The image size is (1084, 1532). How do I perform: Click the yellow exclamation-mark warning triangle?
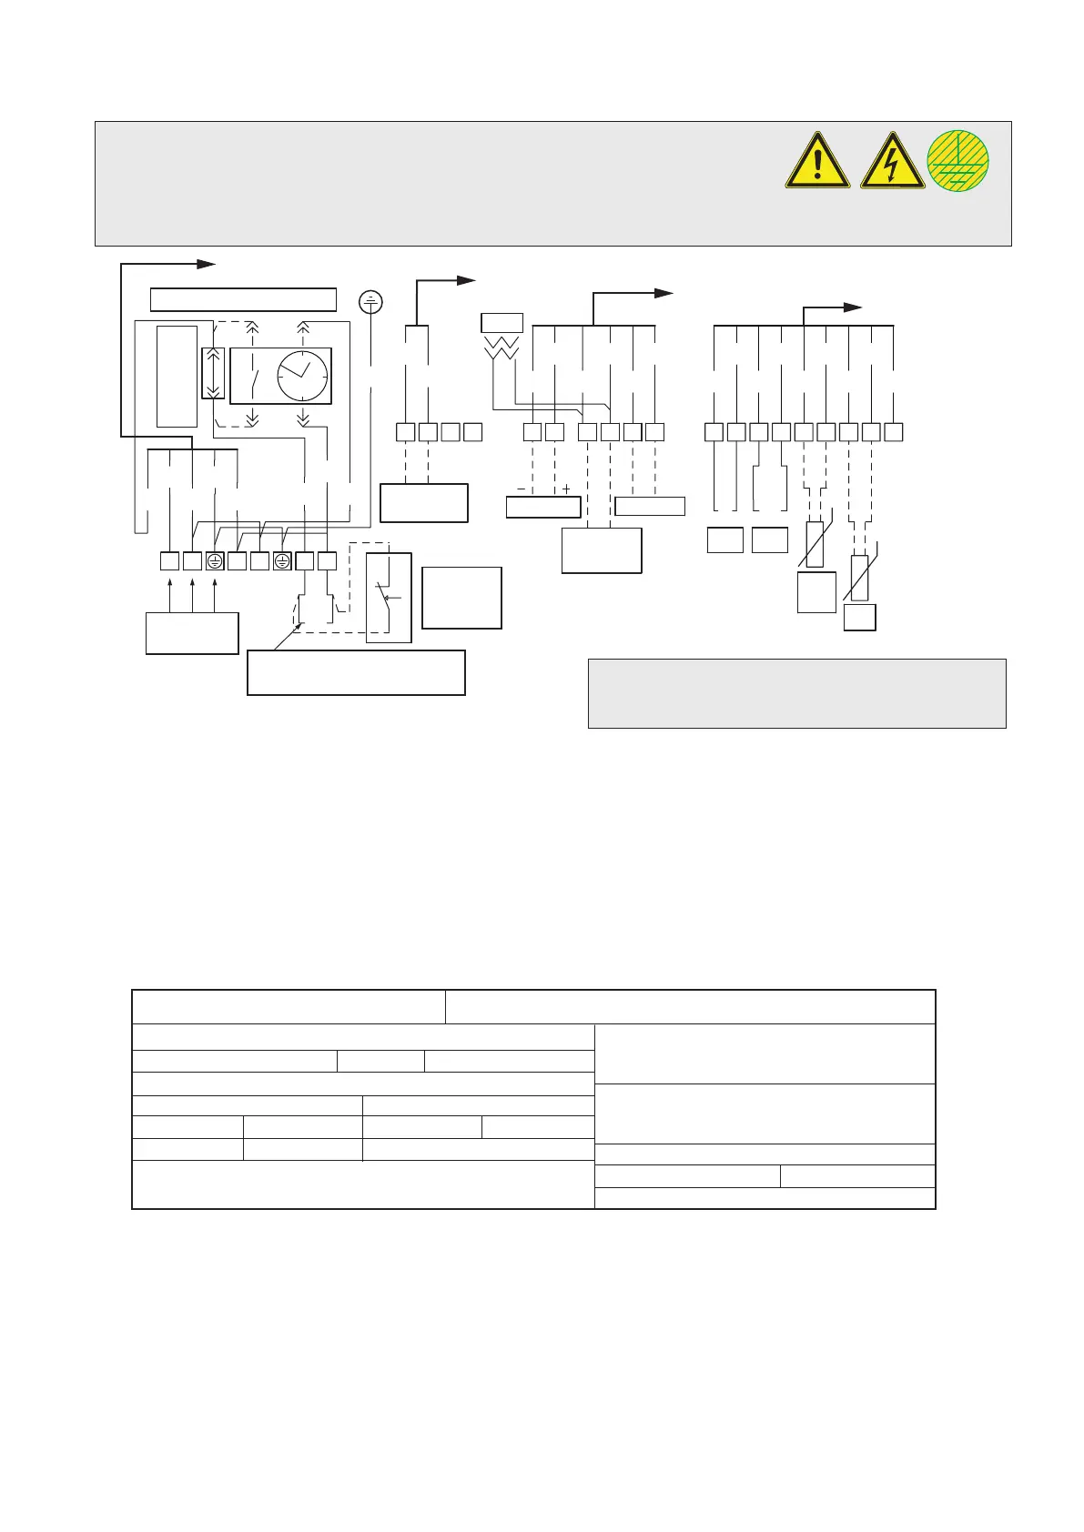coord(817,162)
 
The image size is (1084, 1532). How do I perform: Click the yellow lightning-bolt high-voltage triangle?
coord(892,162)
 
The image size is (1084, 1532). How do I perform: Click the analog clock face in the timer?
coord(303,375)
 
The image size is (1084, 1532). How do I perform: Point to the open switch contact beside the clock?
coord(254,375)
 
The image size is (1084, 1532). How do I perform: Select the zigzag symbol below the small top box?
coord(502,346)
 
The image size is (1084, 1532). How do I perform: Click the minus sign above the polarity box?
coord(520,489)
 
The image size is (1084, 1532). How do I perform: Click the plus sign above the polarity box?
coord(566,489)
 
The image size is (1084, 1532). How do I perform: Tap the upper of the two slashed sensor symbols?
coord(815,543)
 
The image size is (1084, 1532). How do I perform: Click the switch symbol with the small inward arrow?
coord(389,598)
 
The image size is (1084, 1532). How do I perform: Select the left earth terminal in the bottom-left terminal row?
coord(214,561)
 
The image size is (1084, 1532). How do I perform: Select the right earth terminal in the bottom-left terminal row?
coord(281,561)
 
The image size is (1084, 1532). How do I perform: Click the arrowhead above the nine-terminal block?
coord(852,307)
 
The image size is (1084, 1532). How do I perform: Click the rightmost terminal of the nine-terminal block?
coord(893,432)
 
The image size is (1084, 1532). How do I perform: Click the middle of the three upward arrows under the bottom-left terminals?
coord(192,592)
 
